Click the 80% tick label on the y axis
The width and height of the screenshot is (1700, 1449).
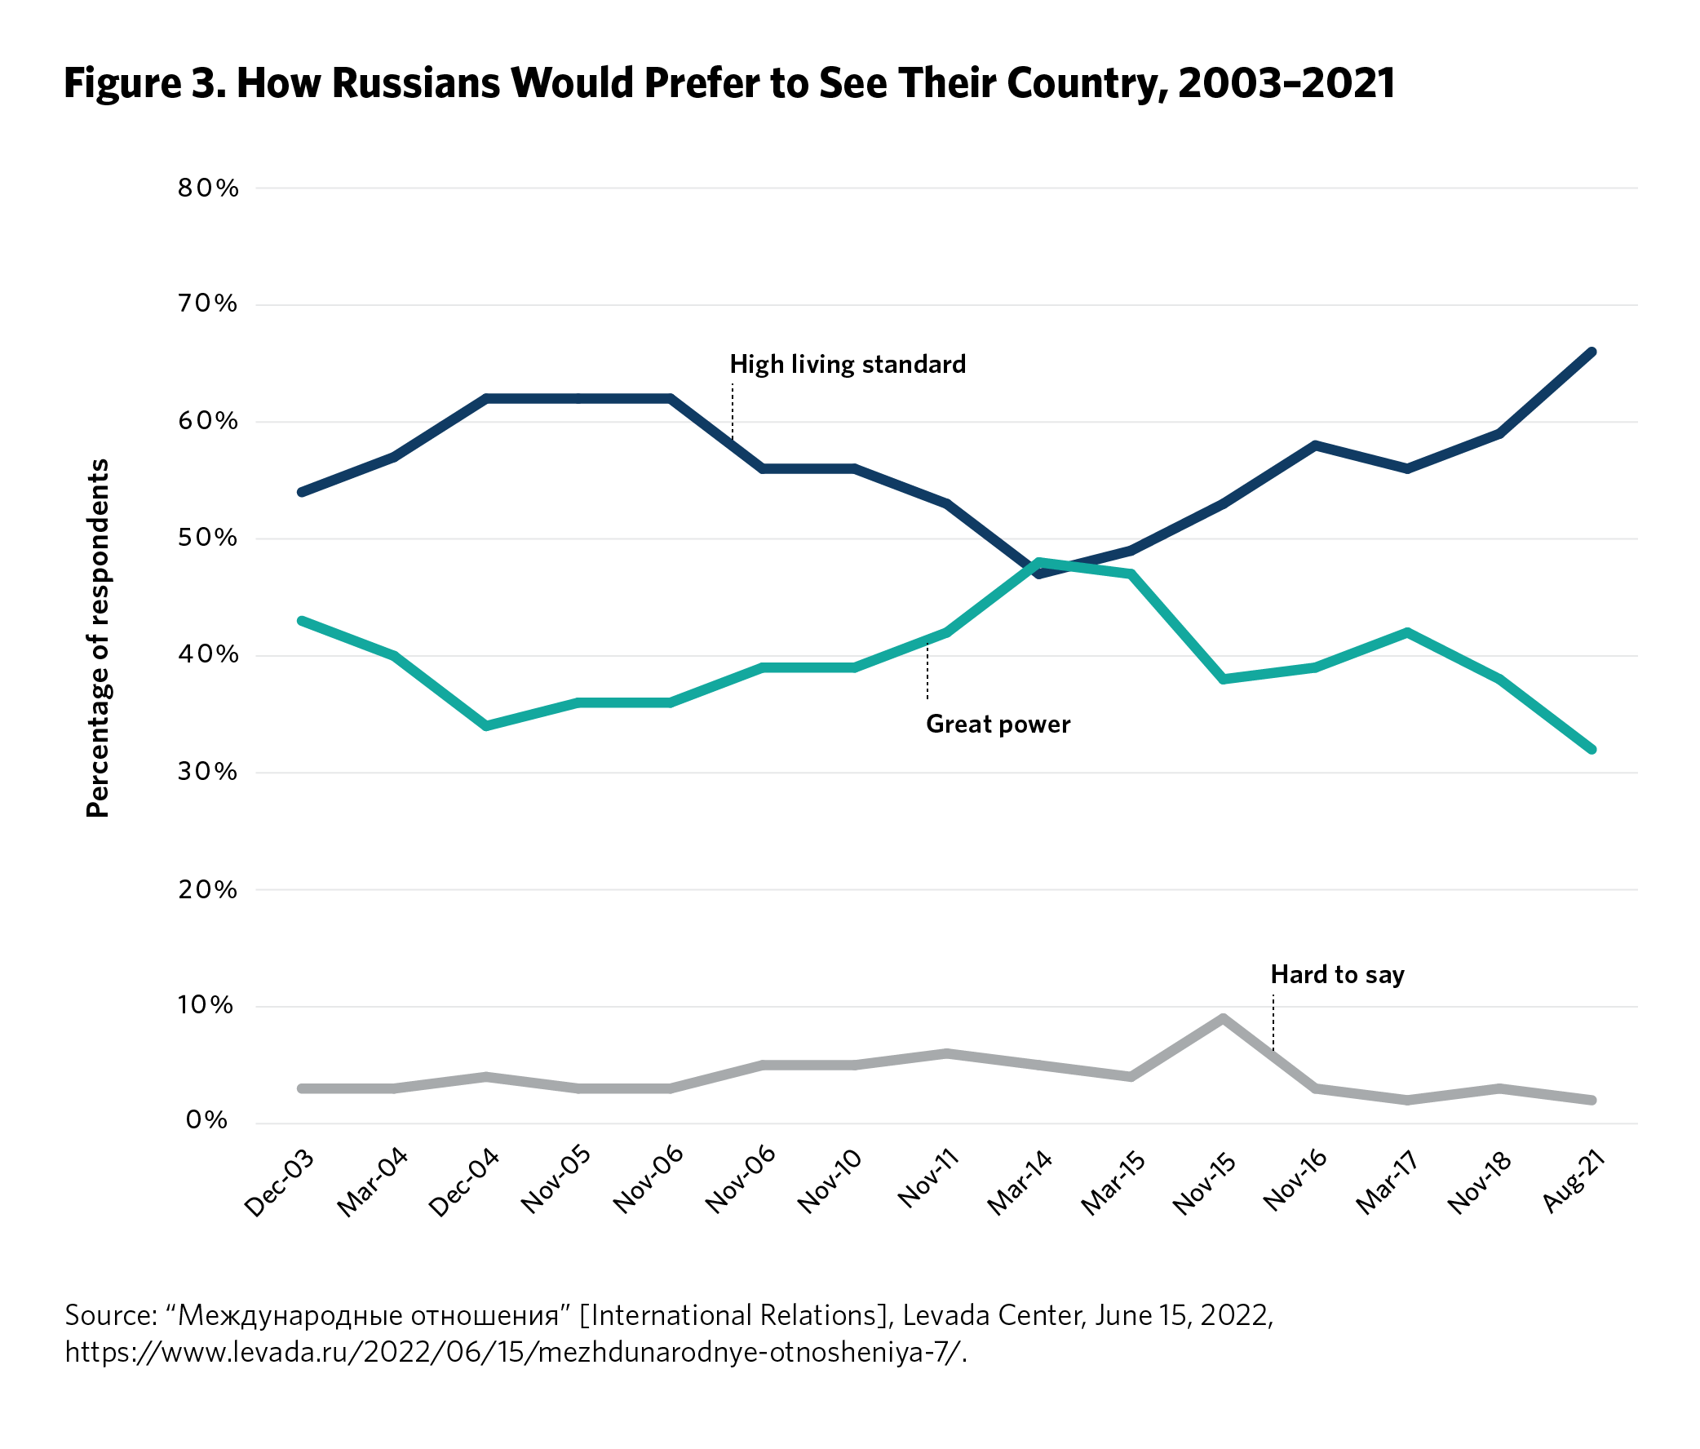pos(207,188)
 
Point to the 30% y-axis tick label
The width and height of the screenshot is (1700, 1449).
pos(207,772)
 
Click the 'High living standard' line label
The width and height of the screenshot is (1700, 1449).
pos(848,365)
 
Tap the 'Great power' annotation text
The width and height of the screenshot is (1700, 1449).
pos(998,724)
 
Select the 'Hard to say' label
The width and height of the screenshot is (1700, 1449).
pos(1337,975)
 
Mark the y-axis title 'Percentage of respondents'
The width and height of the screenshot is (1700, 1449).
pos(98,637)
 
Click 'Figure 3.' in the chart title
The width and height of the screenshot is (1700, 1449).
pos(144,84)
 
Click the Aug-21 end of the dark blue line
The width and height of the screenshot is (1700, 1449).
pos(1591,352)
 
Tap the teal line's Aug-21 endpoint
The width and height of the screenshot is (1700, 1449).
pos(1591,749)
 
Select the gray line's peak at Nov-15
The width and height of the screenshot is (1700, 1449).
pos(1223,1018)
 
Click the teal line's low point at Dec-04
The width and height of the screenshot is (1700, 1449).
pos(486,726)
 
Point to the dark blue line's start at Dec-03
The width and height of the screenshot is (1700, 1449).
pos(302,492)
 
